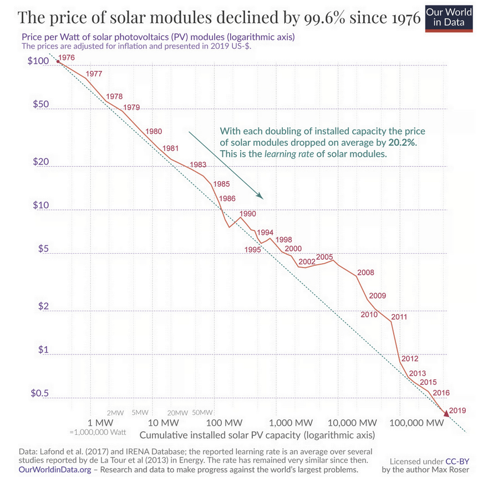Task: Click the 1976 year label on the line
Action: (x=66, y=58)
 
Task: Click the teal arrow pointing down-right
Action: (x=225, y=165)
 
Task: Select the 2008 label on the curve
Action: (x=366, y=273)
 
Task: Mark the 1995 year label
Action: (x=252, y=250)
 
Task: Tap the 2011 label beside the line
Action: (x=399, y=317)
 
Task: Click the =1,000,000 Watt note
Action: (x=98, y=432)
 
